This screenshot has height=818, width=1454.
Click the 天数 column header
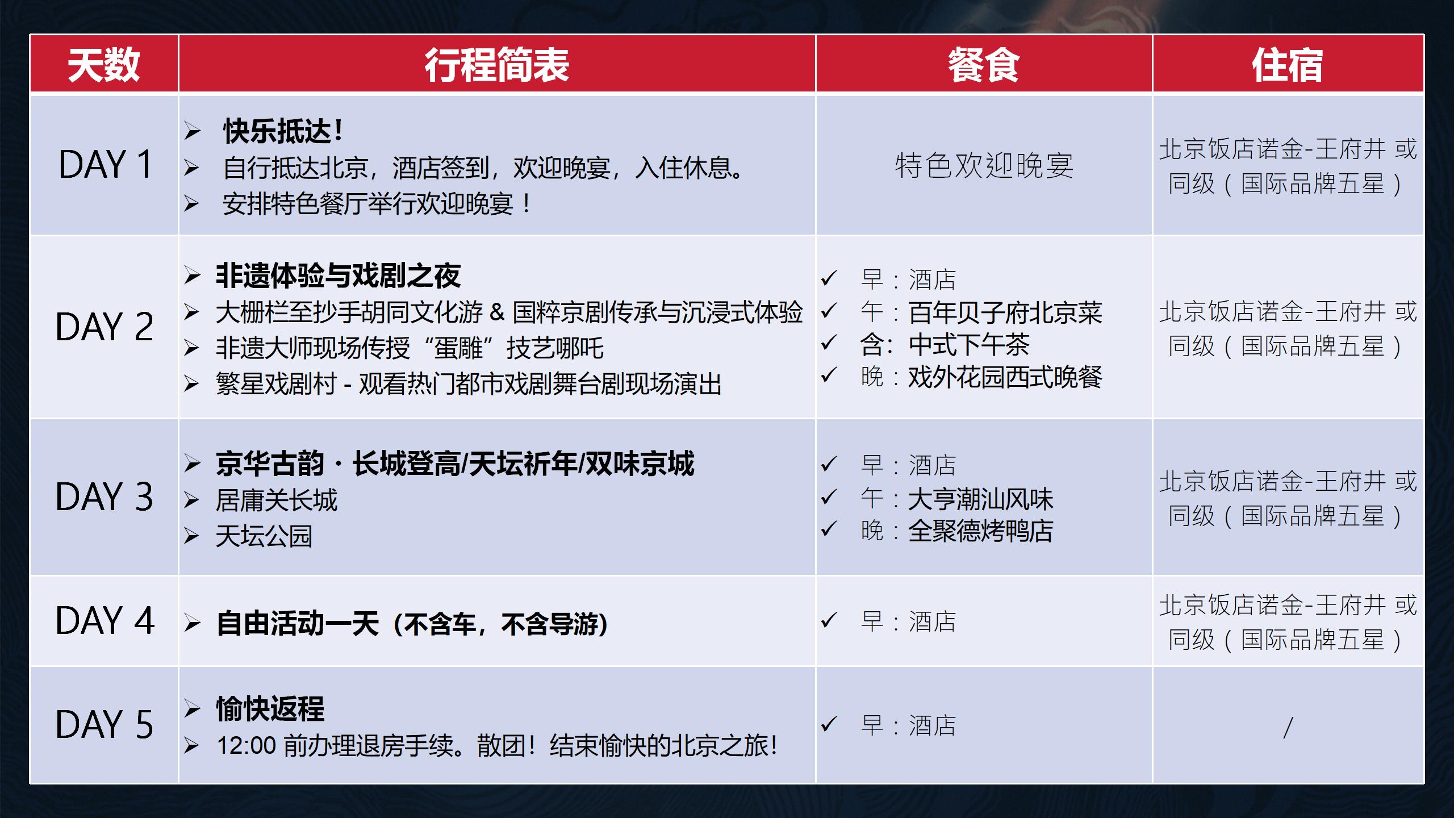coord(103,65)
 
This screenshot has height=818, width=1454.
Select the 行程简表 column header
coord(497,65)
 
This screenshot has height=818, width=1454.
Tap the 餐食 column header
coord(984,65)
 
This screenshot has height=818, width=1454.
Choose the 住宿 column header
coord(1288,65)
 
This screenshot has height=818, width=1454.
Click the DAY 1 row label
coord(106,165)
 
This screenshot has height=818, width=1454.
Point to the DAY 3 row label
coord(105,497)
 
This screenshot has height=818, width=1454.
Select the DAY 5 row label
coord(105,725)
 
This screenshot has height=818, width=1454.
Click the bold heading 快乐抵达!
coord(283,132)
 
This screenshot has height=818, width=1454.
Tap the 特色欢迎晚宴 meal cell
coord(984,166)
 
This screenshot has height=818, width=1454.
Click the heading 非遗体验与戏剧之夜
coord(339,276)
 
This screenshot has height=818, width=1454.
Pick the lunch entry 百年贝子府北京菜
coord(1005,312)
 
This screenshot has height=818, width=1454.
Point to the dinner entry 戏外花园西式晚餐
coord(1005,377)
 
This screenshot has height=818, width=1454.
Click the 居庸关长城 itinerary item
coord(277,500)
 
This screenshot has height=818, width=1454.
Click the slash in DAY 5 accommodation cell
coord(1288,728)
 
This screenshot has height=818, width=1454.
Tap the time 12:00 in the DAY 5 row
coord(246,745)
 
